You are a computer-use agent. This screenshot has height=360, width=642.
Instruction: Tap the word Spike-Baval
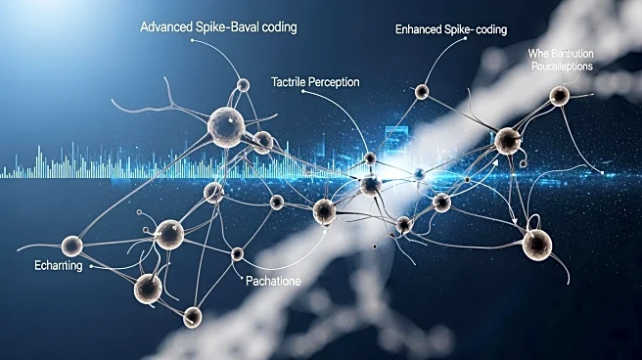pyautogui.click(x=228, y=26)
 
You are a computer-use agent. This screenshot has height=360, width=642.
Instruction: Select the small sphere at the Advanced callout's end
pyautogui.click(x=243, y=85)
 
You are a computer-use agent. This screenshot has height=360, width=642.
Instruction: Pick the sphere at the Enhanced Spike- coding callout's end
pyautogui.click(x=422, y=92)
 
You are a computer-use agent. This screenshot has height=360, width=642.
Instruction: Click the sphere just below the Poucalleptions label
pyautogui.click(x=559, y=96)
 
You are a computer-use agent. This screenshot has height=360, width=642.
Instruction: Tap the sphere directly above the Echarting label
pyautogui.click(x=70, y=245)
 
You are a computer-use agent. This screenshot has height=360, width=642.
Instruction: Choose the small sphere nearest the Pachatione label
pyautogui.click(x=237, y=254)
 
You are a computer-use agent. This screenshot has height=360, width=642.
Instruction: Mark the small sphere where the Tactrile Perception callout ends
pyautogui.click(x=369, y=157)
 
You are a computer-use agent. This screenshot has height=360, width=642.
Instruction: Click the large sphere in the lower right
pyautogui.click(x=536, y=244)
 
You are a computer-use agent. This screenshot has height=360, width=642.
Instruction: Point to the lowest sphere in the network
pyautogui.click(x=193, y=315)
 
